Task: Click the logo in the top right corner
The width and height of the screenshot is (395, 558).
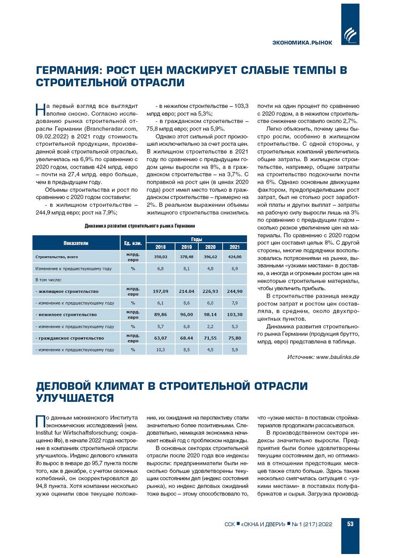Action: pyautogui.click(x=350, y=35)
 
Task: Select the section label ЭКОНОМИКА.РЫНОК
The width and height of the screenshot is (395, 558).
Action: pyautogui.click(x=302, y=43)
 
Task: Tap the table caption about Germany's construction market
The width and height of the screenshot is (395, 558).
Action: pyautogui.click(x=139, y=226)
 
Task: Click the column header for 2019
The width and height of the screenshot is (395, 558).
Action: pyautogui.click(x=186, y=247)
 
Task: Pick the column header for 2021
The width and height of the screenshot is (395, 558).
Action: pyautogui.click(x=235, y=247)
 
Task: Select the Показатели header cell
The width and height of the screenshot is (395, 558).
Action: pyautogui.click(x=76, y=243)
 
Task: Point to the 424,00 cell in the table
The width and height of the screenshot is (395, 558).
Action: pyautogui.click(x=235, y=257)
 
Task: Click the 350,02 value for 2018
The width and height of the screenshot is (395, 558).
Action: pyautogui.click(x=160, y=257)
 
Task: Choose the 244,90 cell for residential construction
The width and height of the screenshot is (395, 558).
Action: pyautogui.click(x=235, y=291)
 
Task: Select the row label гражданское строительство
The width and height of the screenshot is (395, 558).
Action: pyautogui.click(x=71, y=338)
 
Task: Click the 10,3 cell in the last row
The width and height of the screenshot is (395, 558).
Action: pyautogui.click(x=160, y=350)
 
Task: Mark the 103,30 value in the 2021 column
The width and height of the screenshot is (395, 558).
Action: pyautogui.click(x=235, y=315)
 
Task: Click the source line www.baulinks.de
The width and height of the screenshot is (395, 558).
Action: pyautogui.click(x=323, y=357)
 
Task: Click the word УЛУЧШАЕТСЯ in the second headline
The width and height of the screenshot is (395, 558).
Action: pyautogui.click(x=75, y=398)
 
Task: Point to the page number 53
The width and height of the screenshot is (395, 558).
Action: pyautogui.click(x=350, y=524)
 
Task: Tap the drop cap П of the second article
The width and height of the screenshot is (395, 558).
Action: pyautogui.click(x=40, y=421)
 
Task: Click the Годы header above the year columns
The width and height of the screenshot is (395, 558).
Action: pyautogui.click(x=196, y=239)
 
